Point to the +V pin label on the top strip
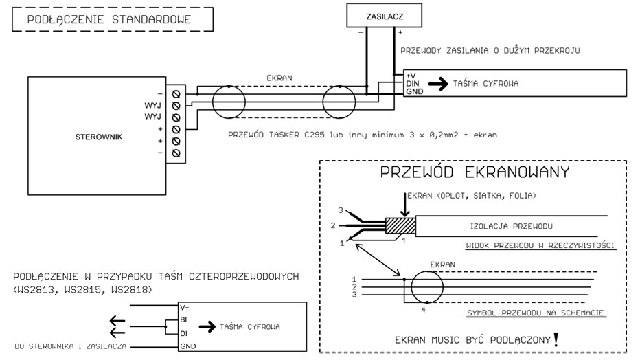(411, 75)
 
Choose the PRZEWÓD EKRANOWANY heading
(475, 172)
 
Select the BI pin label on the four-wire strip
(184, 320)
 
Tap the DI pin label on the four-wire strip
(183, 333)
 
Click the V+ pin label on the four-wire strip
(185, 307)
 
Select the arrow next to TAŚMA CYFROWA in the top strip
(437, 84)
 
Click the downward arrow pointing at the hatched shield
(403, 205)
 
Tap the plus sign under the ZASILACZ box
(400, 32)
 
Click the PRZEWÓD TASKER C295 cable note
(362, 135)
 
